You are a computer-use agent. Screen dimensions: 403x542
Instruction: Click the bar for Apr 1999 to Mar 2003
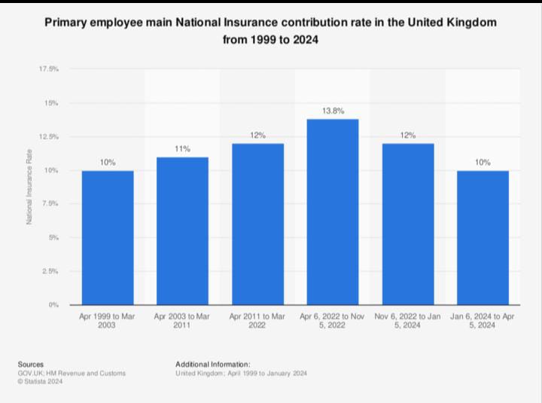108,237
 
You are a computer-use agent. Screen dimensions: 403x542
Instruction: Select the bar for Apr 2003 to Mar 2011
182,231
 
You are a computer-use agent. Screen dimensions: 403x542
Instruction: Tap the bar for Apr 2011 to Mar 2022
257,224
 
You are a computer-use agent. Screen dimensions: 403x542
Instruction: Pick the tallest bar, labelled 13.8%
333,212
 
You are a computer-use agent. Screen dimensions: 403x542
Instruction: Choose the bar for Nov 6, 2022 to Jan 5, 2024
407,224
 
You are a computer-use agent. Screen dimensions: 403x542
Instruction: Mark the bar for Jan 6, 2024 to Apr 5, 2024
483,237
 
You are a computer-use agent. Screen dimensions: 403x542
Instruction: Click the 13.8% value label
333,111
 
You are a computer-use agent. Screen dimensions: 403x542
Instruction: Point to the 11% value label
182,149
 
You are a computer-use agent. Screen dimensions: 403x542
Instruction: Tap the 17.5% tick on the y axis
49,69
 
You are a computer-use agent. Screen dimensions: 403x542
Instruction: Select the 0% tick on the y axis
53,305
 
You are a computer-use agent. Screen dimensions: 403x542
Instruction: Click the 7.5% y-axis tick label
50,204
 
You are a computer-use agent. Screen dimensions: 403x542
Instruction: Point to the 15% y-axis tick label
52,102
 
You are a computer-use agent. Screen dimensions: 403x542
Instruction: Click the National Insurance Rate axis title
29,187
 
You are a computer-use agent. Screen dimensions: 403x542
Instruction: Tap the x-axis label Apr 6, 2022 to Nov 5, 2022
333,321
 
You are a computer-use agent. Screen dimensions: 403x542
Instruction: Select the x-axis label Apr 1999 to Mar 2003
108,321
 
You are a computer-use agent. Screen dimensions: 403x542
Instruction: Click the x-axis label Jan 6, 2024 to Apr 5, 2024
483,321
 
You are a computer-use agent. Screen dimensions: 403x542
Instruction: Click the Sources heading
31,364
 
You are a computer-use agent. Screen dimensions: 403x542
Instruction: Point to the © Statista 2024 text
41,382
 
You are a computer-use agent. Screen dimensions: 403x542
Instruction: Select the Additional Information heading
213,364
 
